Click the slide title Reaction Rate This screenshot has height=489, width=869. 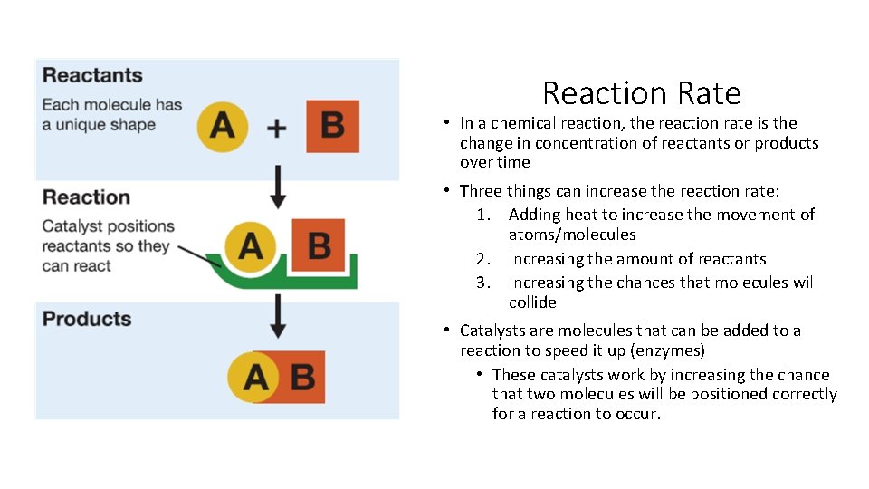coord(641,93)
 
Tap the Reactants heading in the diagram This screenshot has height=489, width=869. coord(92,75)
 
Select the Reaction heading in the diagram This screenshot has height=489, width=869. coord(86,197)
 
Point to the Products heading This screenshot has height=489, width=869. coord(87,319)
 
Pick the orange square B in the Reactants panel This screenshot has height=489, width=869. coord(332,126)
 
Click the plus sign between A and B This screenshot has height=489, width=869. coord(277,128)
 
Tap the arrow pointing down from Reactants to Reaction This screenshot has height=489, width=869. coord(279,187)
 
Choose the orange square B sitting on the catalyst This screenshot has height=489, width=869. coord(318,244)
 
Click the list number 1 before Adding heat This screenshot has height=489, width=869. coord(482,215)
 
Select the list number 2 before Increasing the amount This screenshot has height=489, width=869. coord(482,260)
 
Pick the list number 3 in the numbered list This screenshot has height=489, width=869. coord(482,283)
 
